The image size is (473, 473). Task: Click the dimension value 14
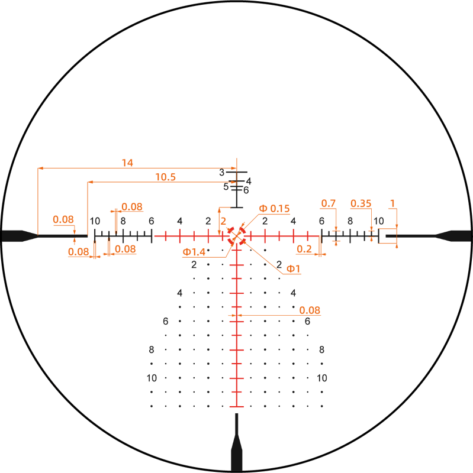(127, 162)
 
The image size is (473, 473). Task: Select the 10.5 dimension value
(165, 176)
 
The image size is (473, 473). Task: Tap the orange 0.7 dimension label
(328, 203)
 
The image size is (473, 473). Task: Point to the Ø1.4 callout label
(194, 252)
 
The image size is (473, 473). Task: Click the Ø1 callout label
(293, 269)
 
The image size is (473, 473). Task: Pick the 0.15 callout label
(275, 208)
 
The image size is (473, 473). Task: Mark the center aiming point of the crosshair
(237, 236)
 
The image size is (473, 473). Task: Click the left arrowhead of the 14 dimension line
(39, 169)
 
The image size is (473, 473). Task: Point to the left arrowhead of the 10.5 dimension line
(89, 182)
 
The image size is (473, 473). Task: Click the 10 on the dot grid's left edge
(152, 378)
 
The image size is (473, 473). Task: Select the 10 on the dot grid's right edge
(322, 378)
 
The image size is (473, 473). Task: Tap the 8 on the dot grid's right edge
(322, 349)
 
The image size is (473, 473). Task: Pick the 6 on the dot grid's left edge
(166, 321)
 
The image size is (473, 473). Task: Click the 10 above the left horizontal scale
(95, 221)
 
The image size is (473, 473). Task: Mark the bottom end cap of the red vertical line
(237, 407)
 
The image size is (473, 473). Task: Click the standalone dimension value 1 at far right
(392, 203)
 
